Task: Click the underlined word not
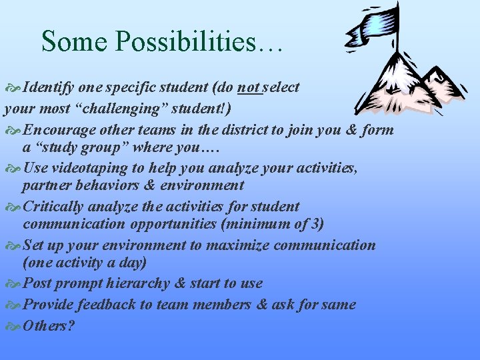click(x=249, y=87)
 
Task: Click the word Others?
click(x=49, y=326)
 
